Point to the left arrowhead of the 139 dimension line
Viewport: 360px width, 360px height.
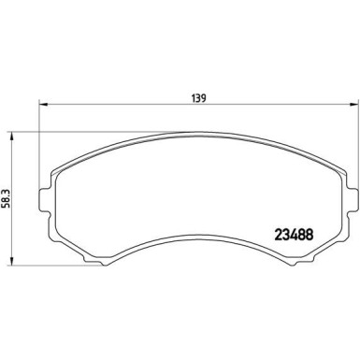(x=42, y=105)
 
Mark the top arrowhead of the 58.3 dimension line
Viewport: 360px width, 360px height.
(x=11, y=134)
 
